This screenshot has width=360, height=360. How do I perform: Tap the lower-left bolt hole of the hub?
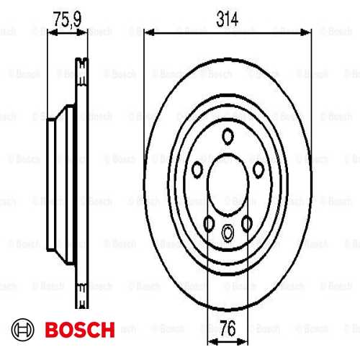tap(209, 224)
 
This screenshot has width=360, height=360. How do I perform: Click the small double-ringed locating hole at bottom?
tap(228, 232)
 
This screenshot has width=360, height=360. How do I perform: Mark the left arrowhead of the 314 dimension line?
tap(148, 32)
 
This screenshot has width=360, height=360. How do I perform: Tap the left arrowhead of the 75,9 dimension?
tap(51, 32)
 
